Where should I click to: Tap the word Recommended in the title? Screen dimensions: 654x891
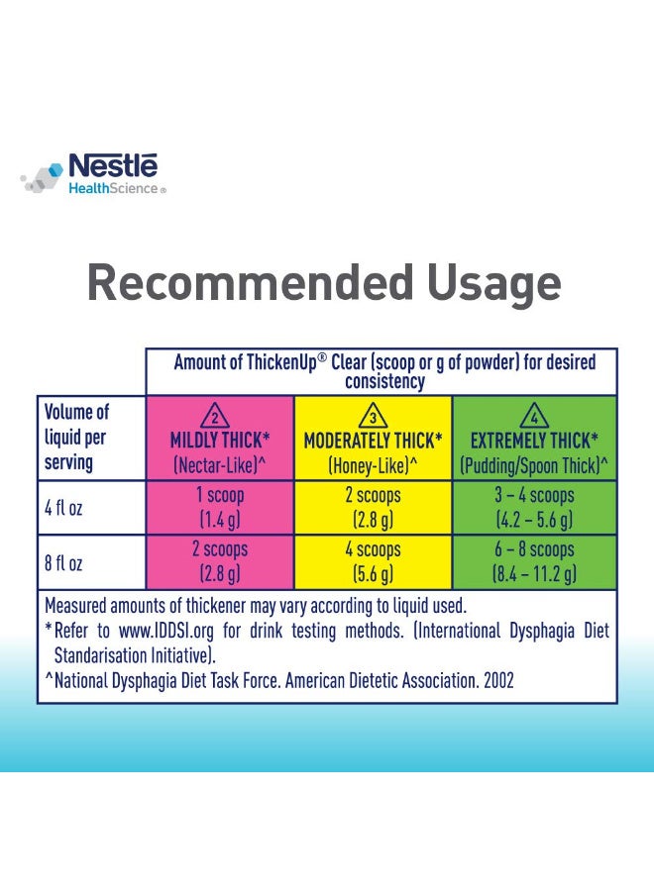pos(251,282)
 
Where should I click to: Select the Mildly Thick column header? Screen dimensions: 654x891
pos(220,439)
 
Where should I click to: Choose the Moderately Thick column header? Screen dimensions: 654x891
pos(373,439)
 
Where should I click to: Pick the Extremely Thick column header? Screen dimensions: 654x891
pos(534,439)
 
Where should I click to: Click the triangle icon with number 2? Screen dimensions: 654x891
pos(215,416)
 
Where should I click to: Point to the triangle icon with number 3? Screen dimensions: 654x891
pos(373,416)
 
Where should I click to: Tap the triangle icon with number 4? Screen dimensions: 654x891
pos(534,416)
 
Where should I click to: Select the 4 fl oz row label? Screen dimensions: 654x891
pos(63,508)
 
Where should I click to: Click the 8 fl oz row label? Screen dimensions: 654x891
pos(63,563)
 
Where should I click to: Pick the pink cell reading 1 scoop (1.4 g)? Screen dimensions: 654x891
pos(220,508)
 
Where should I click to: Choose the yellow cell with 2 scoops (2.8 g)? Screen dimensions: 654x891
pos(373,508)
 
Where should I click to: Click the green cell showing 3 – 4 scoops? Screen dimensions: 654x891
pos(534,508)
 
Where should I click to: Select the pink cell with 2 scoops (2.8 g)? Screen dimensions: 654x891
pos(220,562)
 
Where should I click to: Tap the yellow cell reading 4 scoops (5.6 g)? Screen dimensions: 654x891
pos(373,562)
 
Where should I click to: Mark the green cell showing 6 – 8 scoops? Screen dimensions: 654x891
pos(534,562)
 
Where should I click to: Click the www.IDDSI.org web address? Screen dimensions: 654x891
pos(166,631)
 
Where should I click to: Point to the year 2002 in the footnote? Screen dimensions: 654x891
pos(498,680)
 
